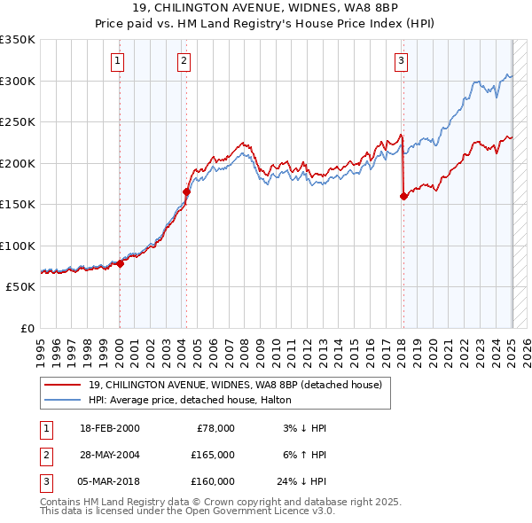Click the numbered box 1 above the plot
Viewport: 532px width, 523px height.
117,60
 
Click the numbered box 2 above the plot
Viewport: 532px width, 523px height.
184,60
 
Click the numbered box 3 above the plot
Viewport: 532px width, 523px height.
401,60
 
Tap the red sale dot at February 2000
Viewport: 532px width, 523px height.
120,263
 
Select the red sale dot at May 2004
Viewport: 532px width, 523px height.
187,191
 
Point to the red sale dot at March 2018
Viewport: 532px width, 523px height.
403,196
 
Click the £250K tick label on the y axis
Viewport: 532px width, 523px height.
18,122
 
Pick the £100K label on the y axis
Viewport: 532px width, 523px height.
18,246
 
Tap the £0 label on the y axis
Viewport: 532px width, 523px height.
27,329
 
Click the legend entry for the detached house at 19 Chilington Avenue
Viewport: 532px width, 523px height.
235,385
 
